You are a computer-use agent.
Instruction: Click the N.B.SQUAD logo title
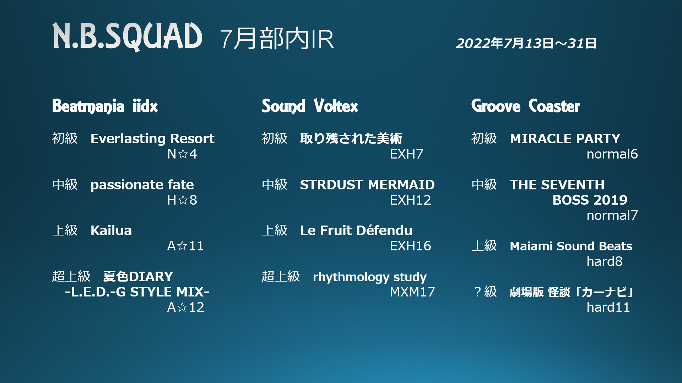point(127,37)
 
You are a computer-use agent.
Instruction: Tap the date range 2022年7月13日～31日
point(526,43)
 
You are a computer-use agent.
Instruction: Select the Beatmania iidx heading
point(105,106)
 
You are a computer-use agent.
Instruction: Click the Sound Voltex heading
point(310,106)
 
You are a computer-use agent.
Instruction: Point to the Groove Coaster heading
point(525,106)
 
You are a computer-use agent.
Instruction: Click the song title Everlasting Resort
point(152,139)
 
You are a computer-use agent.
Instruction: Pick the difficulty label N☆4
point(182,154)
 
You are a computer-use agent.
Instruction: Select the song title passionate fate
point(142,185)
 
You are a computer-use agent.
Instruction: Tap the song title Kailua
point(111,231)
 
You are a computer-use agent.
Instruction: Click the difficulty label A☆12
point(186,307)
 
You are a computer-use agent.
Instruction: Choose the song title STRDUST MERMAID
point(367,185)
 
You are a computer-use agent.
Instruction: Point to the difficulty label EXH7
point(406,154)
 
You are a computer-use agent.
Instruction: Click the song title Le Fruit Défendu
point(356,231)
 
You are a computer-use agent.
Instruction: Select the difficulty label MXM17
point(412,292)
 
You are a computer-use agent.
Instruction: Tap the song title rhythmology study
point(370,277)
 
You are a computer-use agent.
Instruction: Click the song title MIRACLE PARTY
point(565,139)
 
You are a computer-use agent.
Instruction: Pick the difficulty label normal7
point(612,215)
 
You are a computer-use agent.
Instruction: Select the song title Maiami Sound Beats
point(571,246)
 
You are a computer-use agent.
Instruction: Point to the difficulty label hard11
point(608,307)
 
